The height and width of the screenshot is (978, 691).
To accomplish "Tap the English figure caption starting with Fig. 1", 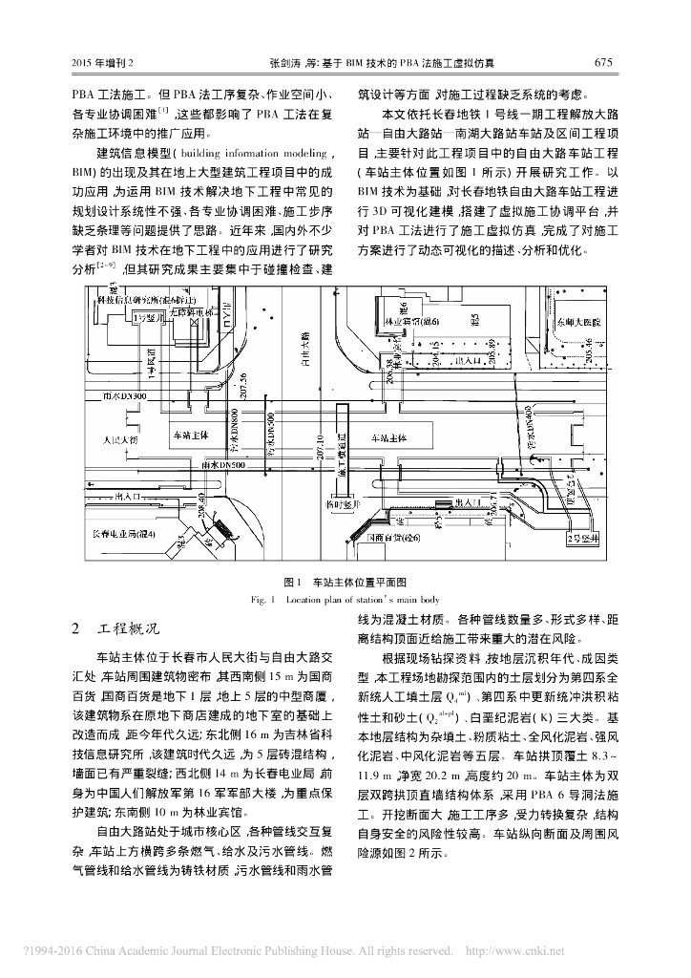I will pyautogui.click(x=345, y=599).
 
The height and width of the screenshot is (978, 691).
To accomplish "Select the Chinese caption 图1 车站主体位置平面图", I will pyautogui.click(x=345, y=582).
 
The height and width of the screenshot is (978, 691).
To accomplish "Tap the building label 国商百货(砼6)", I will pyautogui.click(x=395, y=539).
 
